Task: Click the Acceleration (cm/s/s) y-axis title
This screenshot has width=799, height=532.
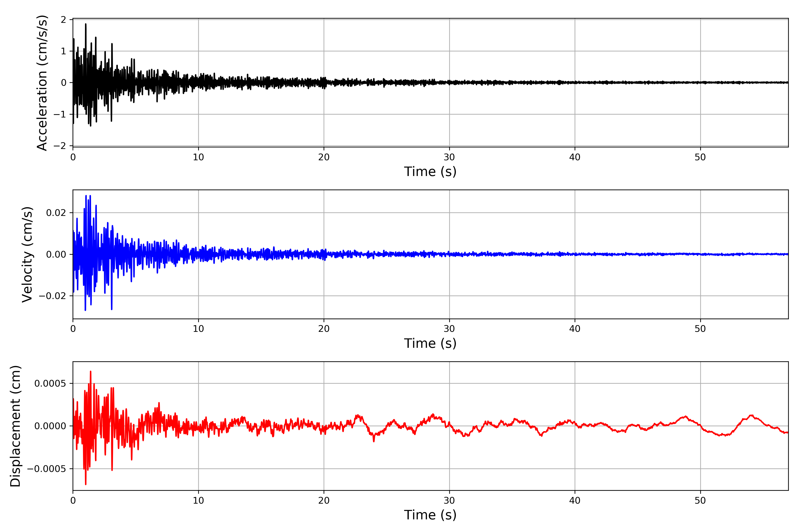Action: [42, 82]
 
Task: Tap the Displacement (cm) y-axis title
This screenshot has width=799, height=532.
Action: [15, 426]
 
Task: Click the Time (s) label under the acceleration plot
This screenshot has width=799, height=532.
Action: [430, 172]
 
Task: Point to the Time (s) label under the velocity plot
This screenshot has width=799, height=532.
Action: [430, 343]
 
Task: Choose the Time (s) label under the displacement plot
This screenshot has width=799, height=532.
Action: [430, 515]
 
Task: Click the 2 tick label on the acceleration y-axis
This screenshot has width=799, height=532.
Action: [63, 20]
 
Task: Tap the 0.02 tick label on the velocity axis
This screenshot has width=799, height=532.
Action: [56, 213]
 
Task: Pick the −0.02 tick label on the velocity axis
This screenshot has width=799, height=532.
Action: [52, 296]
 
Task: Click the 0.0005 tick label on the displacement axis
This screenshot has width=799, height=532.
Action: [50, 383]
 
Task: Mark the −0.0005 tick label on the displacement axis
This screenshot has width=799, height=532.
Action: [47, 469]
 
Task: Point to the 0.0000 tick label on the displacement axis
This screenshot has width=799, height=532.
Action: [50, 426]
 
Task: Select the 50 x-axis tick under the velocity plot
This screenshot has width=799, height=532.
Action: [700, 329]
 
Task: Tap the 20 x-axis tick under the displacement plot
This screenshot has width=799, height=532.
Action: [324, 501]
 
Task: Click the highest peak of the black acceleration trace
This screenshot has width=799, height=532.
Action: [86, 24]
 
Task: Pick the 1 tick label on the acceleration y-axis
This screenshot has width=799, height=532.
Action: [63, 51]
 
